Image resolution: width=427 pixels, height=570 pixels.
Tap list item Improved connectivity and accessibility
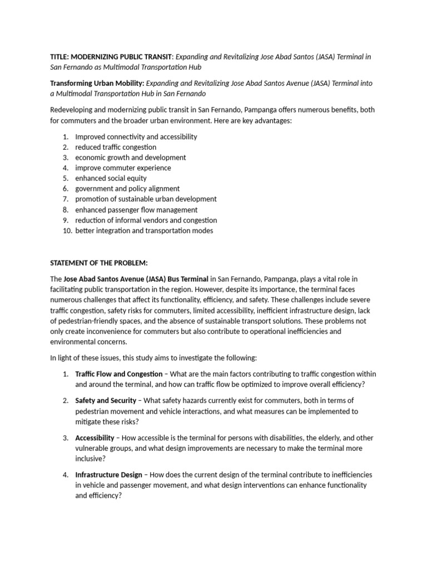pyautogui.click(x=136, y=136)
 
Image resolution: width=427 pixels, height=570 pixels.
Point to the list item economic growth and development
pyautogui.click(x=130, y=158)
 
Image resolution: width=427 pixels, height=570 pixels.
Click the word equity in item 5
pyautogui.click(x=137, y=178)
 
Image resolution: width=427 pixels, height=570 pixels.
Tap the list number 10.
pyautogui.click(x=66, y=230)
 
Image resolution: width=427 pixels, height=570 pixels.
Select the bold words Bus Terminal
pyautogui.click(x=186, y=279)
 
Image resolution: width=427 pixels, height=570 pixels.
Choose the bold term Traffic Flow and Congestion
pyautogui.click(x=118, y=374)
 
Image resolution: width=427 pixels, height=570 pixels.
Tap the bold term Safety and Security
pyautogui.click(x=106, y=401)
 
